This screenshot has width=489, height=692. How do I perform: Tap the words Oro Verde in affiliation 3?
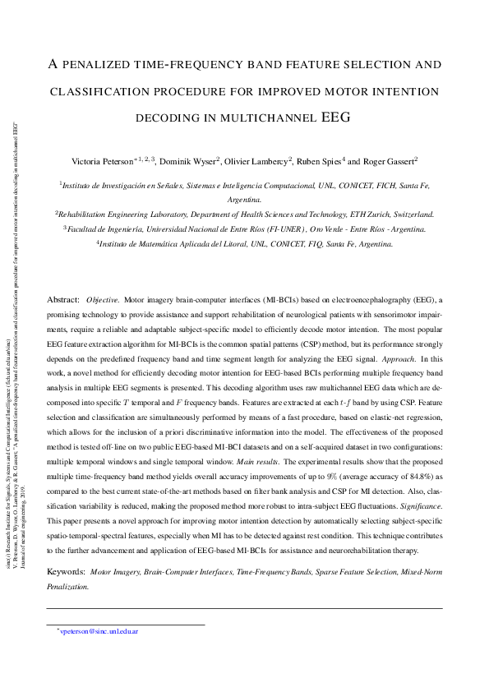click(330, 228)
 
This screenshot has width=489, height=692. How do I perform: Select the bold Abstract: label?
click(63, 300)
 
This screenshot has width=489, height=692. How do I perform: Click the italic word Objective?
click(103, 300)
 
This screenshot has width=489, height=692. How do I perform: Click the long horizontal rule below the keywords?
click(244, 608)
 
